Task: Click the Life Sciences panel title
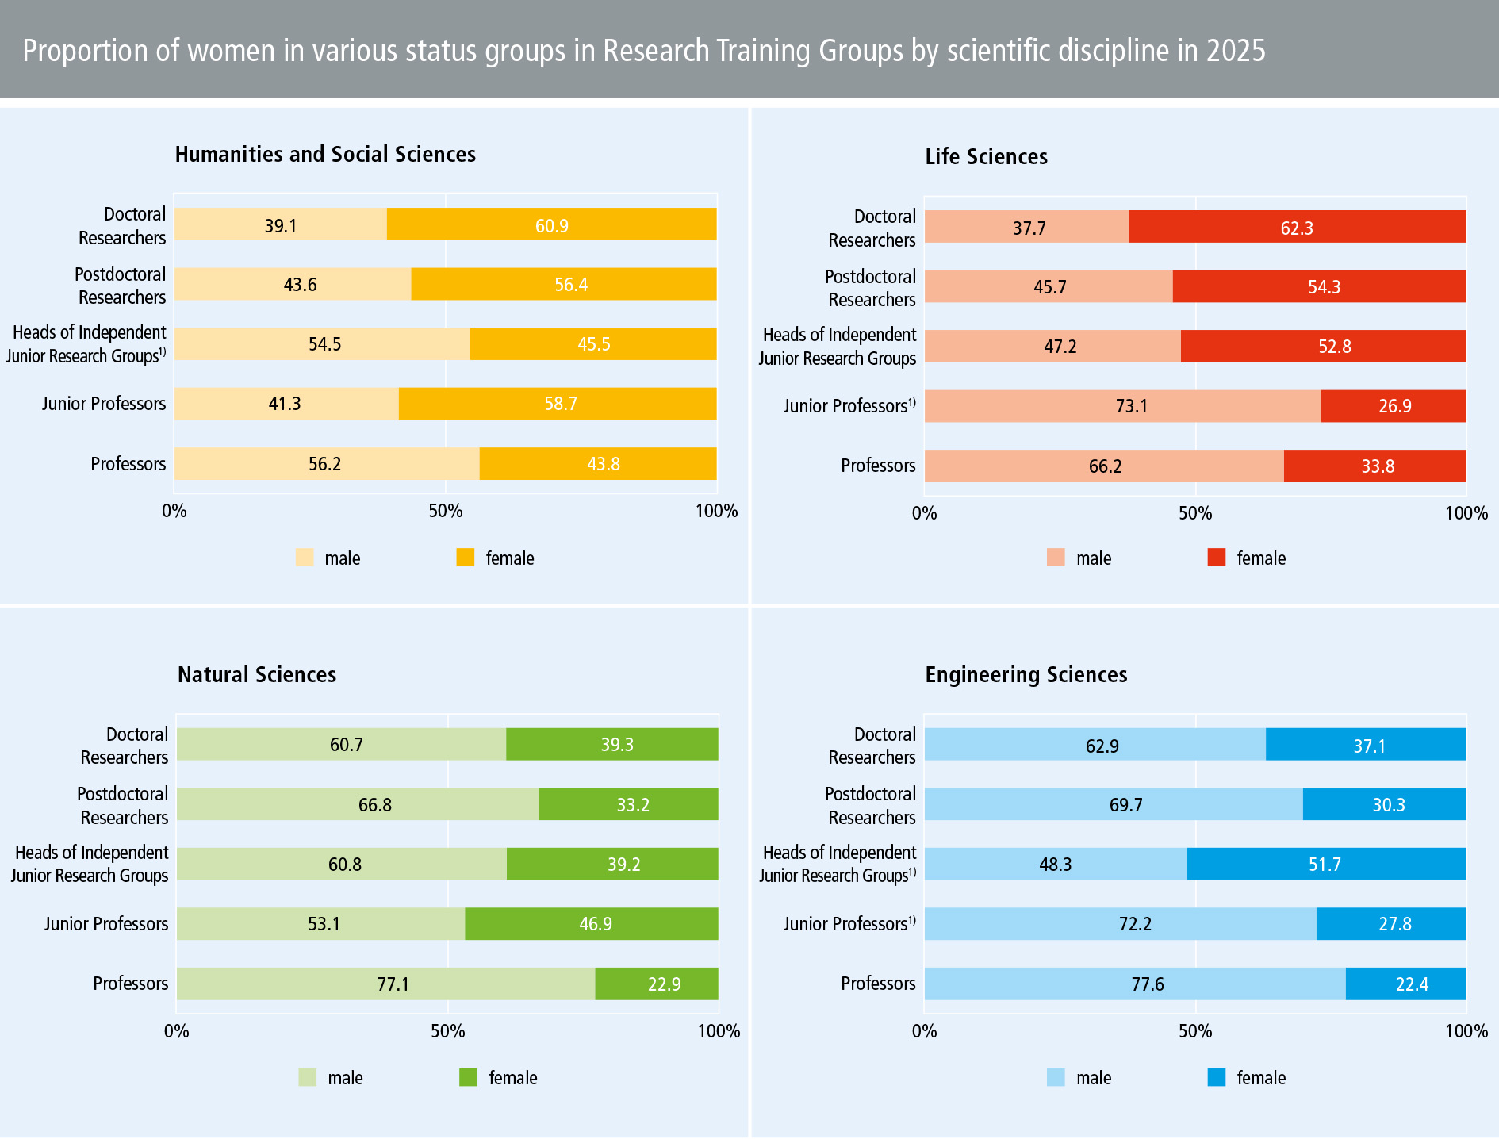986,156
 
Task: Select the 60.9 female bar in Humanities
551,225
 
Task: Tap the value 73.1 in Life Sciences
1131,406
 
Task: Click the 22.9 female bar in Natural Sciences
657,984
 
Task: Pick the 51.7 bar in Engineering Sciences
1325,864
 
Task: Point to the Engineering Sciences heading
1026,674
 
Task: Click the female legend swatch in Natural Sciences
468,1077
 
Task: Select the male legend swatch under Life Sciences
1056,558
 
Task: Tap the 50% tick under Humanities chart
446,511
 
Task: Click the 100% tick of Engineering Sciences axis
1466,1031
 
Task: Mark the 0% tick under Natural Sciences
176,1031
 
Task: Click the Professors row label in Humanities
128,463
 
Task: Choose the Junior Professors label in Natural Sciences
106,923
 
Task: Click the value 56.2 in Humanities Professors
324,464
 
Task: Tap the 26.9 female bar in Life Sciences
1394,406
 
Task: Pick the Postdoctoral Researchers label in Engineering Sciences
870,805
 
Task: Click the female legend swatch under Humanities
465,558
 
